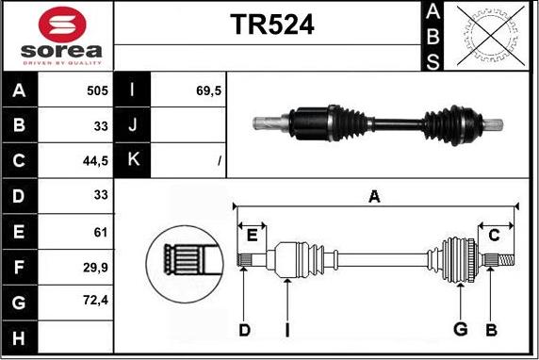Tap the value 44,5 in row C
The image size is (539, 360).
pyautogui.click(x=96, y=161)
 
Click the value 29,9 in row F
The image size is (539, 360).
pyautogui.click(x=96, y=268)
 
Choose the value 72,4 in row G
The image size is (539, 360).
pyautogui.click(x=96, y=303)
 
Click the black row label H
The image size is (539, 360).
pyautogui.click(x=20, y=337)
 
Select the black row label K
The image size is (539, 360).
pyautogui.click(x=132, y=161)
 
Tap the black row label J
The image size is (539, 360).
pyautogui.click(x=132, y=126)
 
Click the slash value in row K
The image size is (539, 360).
pyautogui.click(x=219, y=162)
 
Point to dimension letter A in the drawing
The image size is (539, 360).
pyautogui.click(x=374, y=196)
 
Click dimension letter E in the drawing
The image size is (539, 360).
pyautogui.click(x=252, y=234)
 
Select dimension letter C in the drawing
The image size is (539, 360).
pyautogui.click(x=494, y=234)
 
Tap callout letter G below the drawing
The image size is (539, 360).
pyautogui.click(x=460, y=329)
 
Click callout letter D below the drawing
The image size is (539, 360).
pyautogui.click(x=244, y=329)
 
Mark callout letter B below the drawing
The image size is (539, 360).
pyautogui.click(x=490, y=329)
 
